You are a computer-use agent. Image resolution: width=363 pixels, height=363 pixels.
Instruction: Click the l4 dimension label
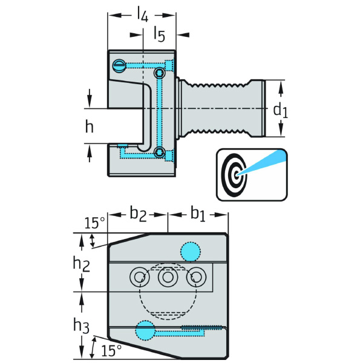coord(142,14)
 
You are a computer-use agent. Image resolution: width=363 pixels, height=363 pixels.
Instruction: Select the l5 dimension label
coord(160,34)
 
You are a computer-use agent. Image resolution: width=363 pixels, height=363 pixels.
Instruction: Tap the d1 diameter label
coord(280,111)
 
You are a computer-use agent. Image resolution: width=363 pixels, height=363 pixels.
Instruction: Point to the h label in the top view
coord(90,126)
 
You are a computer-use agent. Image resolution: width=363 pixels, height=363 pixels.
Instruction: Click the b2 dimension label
coord(138,214)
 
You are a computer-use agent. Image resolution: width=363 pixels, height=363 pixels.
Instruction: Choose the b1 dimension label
coord(198,214)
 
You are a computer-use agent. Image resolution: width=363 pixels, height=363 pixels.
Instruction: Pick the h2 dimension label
coord(81,264)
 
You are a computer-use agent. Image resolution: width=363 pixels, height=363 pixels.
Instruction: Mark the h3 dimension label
coord(81,325)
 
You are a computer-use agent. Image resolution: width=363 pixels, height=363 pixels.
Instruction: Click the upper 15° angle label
coord(95,223)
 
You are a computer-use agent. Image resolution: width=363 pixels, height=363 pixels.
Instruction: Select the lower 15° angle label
coord(111,350)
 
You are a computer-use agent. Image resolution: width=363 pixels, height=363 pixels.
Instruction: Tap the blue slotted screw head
coord(119,66)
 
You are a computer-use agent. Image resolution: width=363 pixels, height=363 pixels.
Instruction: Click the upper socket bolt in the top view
coord(159,73)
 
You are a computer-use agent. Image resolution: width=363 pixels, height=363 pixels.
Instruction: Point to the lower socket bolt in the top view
coord(159,152)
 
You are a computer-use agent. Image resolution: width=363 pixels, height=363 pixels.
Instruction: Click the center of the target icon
coord(236,175)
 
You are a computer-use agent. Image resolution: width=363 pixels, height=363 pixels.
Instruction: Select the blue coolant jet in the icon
coord(261,163)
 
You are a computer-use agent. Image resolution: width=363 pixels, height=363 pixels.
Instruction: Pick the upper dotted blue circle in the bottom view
coord(191,252)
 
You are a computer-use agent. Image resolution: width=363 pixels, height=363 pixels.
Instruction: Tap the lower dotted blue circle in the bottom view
coord(145,330)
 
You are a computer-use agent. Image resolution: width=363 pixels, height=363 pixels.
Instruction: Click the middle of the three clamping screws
coord(168,277)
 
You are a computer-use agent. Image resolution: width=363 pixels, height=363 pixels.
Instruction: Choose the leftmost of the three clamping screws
coord(140,277)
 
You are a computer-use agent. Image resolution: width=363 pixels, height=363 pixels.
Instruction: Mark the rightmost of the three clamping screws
coord(196,277)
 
